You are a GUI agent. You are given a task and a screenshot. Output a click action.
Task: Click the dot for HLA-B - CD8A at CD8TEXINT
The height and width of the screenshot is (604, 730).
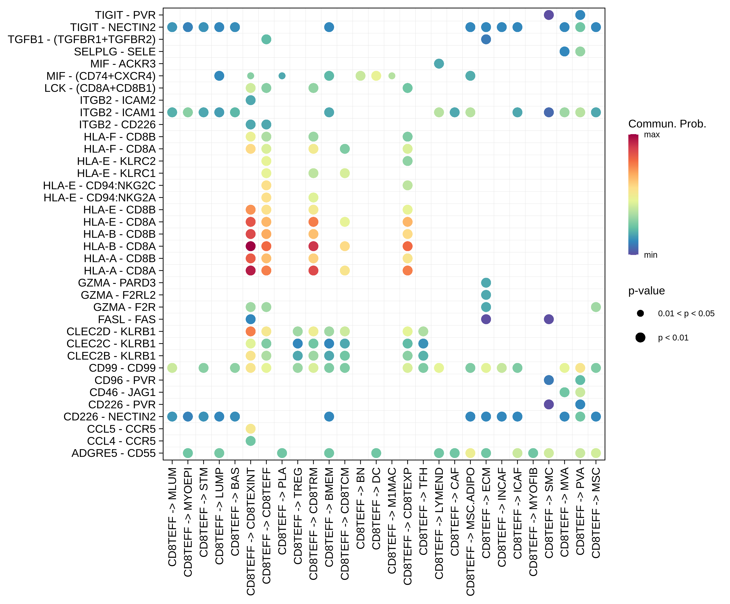251,246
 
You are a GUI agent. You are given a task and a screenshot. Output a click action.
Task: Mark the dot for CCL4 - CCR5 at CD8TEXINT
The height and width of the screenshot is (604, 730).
251,441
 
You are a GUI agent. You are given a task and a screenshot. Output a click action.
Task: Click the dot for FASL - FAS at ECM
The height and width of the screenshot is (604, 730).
486,319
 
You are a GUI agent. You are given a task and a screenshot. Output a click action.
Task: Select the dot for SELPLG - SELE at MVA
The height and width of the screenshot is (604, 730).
564,51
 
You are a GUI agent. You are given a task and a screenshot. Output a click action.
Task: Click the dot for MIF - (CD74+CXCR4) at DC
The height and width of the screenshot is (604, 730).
376,76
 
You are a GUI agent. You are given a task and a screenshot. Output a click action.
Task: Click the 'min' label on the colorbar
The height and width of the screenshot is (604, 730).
650,255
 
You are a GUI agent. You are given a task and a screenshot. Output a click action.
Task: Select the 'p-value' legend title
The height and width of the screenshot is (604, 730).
646,291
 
